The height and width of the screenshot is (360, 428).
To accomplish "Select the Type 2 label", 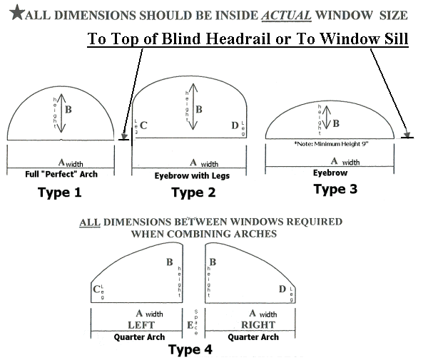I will [198, 192].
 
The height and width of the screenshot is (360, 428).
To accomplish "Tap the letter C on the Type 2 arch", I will [143, 126].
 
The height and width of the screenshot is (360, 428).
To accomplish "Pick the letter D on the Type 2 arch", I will [235, 126].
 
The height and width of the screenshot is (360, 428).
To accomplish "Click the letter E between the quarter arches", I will [190, 325].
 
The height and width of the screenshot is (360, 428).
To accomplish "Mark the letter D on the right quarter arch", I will [282, 289].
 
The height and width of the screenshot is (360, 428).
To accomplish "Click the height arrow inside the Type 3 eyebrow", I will [327, 118].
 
